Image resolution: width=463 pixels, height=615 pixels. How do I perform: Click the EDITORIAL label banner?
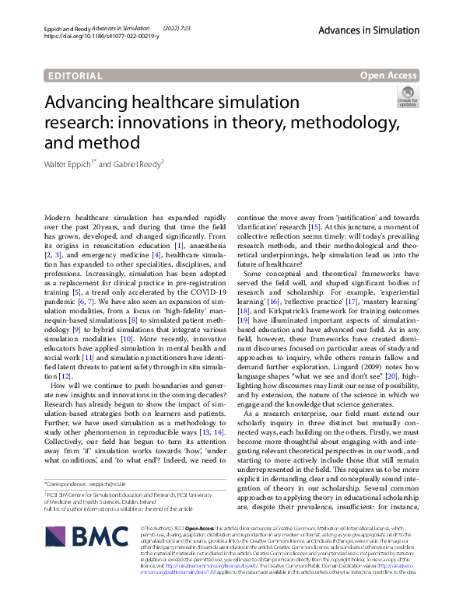(75, 76)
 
